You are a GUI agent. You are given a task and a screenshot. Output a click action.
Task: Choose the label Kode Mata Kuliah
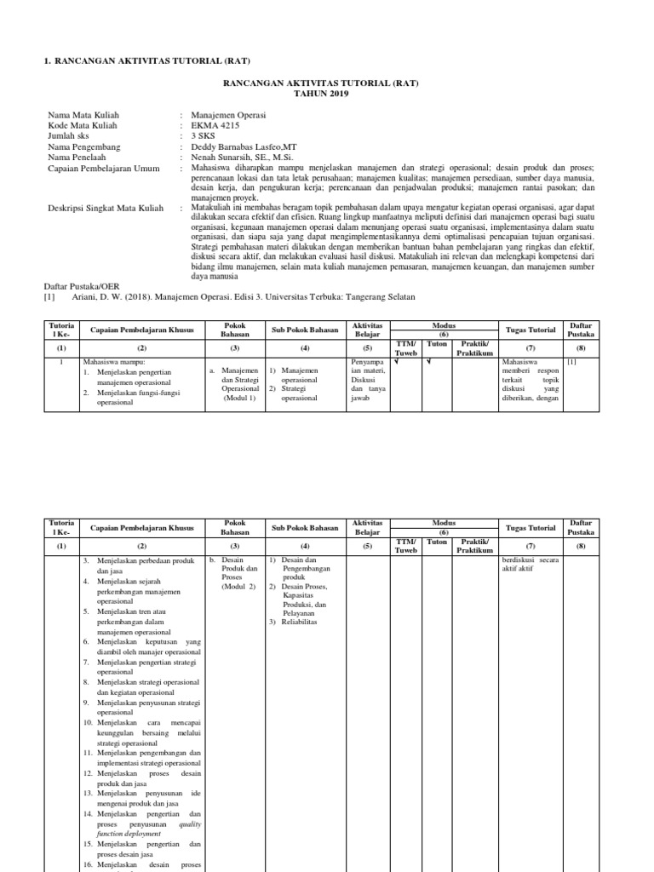pos(83,124)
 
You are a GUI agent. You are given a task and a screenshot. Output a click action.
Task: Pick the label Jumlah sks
pos(72,135)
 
